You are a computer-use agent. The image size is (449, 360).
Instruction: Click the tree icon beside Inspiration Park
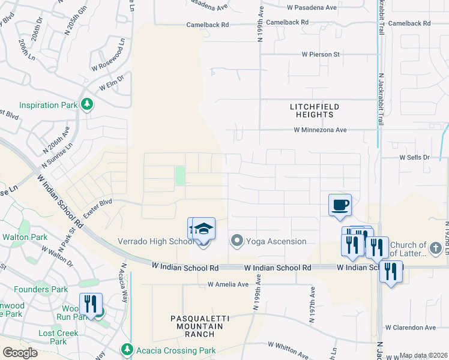point(88,105)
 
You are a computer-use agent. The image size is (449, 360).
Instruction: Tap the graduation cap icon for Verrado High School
point(203,228)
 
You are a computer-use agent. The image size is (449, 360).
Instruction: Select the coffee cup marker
point(340,205)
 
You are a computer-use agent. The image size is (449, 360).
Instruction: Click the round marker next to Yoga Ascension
point(237,242)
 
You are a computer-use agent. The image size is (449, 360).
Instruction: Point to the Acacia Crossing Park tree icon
point(127,349)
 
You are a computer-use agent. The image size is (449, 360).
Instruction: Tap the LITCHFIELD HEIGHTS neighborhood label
point(315,110)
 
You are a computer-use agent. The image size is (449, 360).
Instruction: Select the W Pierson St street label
point(321,55)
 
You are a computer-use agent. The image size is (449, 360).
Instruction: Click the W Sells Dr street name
point(415,157)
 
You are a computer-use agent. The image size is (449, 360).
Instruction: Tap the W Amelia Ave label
point(228,284)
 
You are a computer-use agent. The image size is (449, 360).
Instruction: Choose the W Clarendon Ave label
point(411,328)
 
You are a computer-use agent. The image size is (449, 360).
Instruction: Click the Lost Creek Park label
point(58,337)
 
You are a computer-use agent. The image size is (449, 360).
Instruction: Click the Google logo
point(19,353)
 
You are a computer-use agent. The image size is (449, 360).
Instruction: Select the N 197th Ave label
point(312,304)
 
